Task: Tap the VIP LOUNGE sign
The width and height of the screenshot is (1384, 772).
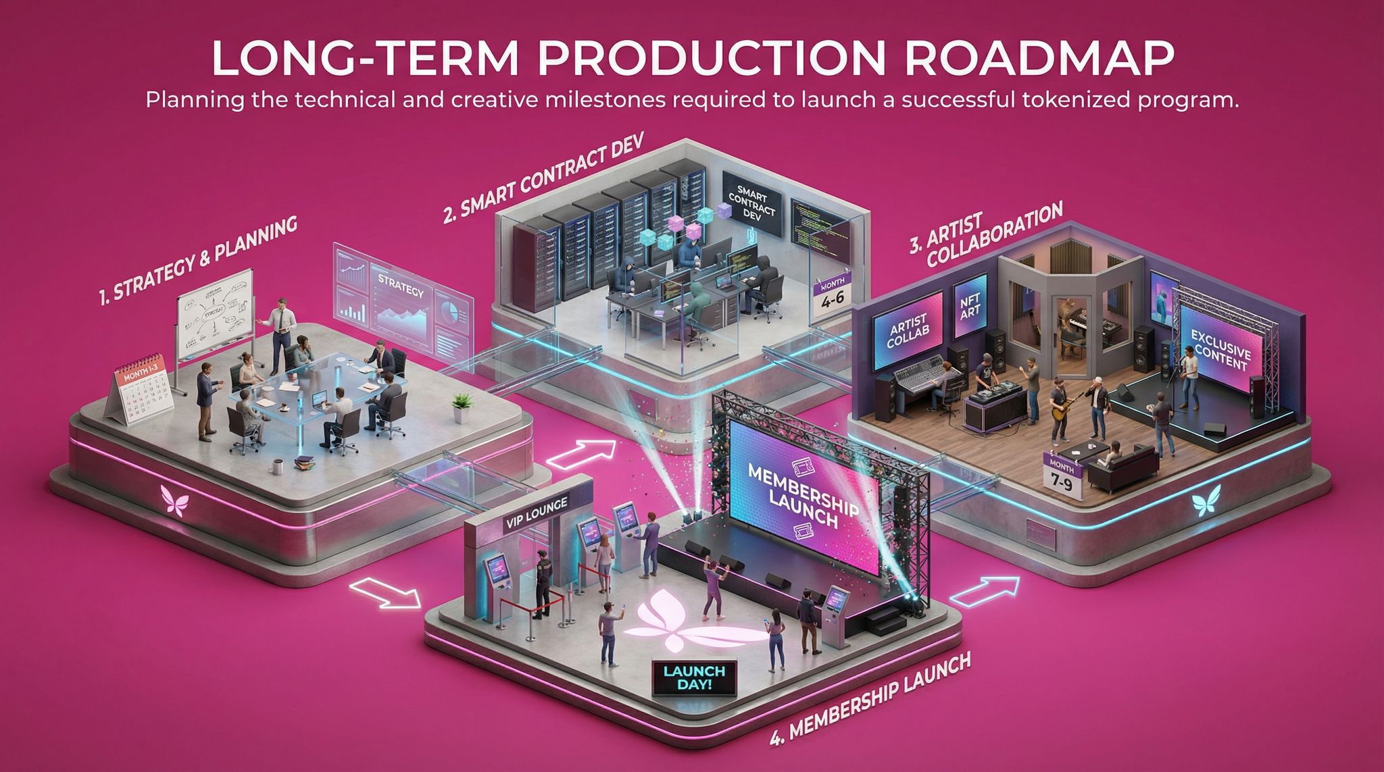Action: pyautogui.click(x=537, y=503)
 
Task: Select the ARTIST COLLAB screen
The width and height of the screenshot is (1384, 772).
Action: pyautogui.click(x=908, y=327)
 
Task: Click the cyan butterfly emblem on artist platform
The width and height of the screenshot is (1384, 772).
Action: pyautogui.click(x=1204, y=503)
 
